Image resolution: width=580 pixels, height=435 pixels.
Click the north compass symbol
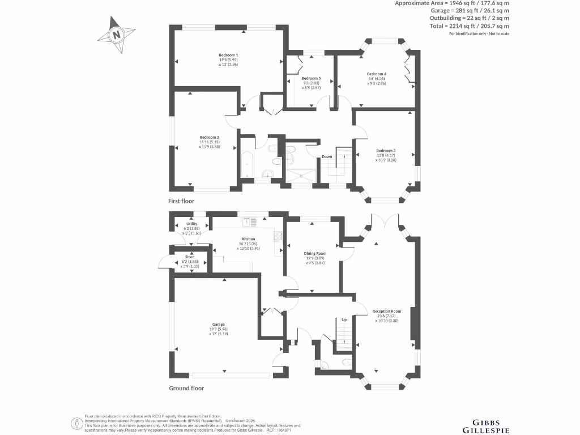tap(117, 35)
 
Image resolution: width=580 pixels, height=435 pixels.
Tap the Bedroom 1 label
tap(229, 54)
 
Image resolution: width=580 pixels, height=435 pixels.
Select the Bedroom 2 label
tap(209, 137)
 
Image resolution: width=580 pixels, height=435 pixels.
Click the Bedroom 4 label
tap(377, 74)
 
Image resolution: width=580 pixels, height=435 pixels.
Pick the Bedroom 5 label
tap(311, 78)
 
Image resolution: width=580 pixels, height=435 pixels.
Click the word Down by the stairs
tap(327, 157)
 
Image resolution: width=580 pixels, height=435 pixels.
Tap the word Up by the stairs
tap(343, 320)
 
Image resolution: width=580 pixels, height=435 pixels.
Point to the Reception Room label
tap(387, 311)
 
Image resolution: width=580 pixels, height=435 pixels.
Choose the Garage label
tap(219, 325)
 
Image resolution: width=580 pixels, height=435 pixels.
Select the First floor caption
tap(181, 201)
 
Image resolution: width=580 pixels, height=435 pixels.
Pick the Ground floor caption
tap(186, 388)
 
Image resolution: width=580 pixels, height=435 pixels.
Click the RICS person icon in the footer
tap(76, 423)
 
